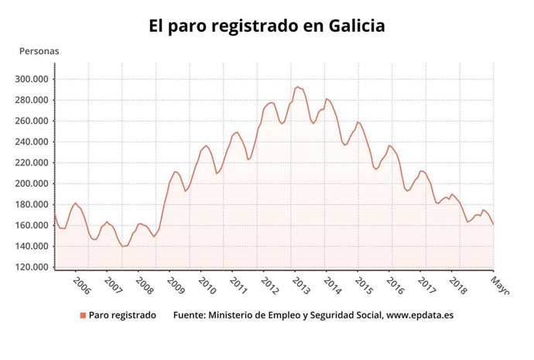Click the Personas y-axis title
39,51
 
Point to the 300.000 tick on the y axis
32,79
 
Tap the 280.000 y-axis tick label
32,100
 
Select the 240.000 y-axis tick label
32,142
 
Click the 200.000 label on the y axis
32,183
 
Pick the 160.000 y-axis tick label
32,225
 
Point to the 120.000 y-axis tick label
32,267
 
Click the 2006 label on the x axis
81,286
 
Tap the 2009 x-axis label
176,286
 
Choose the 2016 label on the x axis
395,286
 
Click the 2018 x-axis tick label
457,286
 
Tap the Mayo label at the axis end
501,287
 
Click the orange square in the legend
82,315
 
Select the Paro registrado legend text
122,315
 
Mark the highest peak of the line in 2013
297,87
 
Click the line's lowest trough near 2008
123,246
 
